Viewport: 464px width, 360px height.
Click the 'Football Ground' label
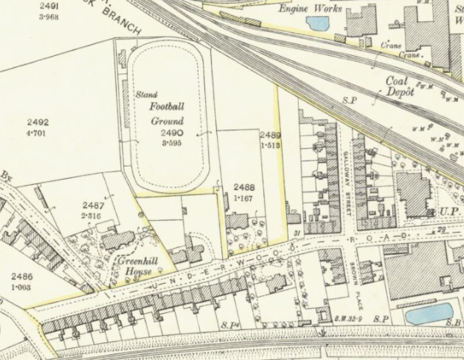click(166, 114)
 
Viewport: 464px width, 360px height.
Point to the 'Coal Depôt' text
click(400, 86)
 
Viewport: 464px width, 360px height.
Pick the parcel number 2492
click(38, 123)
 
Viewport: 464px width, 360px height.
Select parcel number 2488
click(243, 188)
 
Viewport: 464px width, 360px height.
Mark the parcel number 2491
click(48, 5)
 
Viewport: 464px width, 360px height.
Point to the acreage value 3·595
click(173, 143)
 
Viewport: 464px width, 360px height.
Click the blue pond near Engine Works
click(317, 24)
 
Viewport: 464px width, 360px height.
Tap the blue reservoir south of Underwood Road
click(429, 314)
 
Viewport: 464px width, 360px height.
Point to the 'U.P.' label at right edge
click(451, 212)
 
